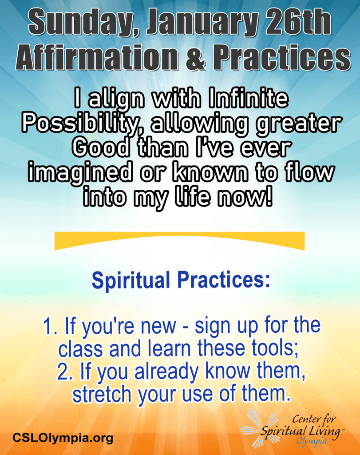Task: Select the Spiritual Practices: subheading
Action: [181, 280]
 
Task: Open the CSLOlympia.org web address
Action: [63, 438]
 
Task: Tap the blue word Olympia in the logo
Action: [311, 442]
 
